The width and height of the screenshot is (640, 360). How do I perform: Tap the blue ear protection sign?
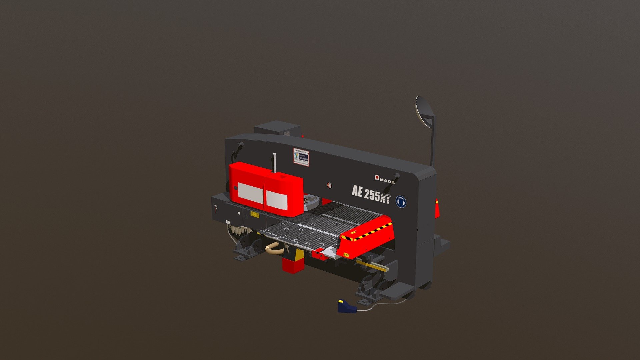(x=401, y=202)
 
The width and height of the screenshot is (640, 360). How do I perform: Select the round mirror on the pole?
(x=424, y=111)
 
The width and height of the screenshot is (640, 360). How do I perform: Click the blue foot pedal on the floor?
(x=346, y=306)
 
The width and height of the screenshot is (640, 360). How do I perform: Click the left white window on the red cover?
(x=250, y=193)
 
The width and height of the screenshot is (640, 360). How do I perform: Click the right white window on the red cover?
(x=277, y=200)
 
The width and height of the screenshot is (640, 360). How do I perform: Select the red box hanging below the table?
(x=292, y=265)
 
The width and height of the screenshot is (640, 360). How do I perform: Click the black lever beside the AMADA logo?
(x=396, y=177)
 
